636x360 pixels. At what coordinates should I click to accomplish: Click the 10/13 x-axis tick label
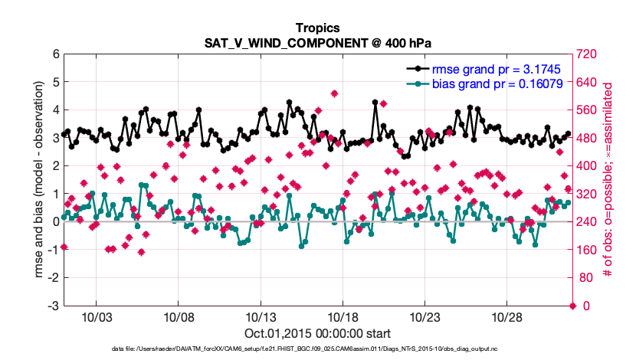point(260,317)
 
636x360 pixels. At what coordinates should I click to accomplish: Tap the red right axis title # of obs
point(609,179)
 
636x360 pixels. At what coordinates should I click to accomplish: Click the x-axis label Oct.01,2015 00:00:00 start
point(317,333)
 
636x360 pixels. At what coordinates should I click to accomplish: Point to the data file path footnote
point(317,349)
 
